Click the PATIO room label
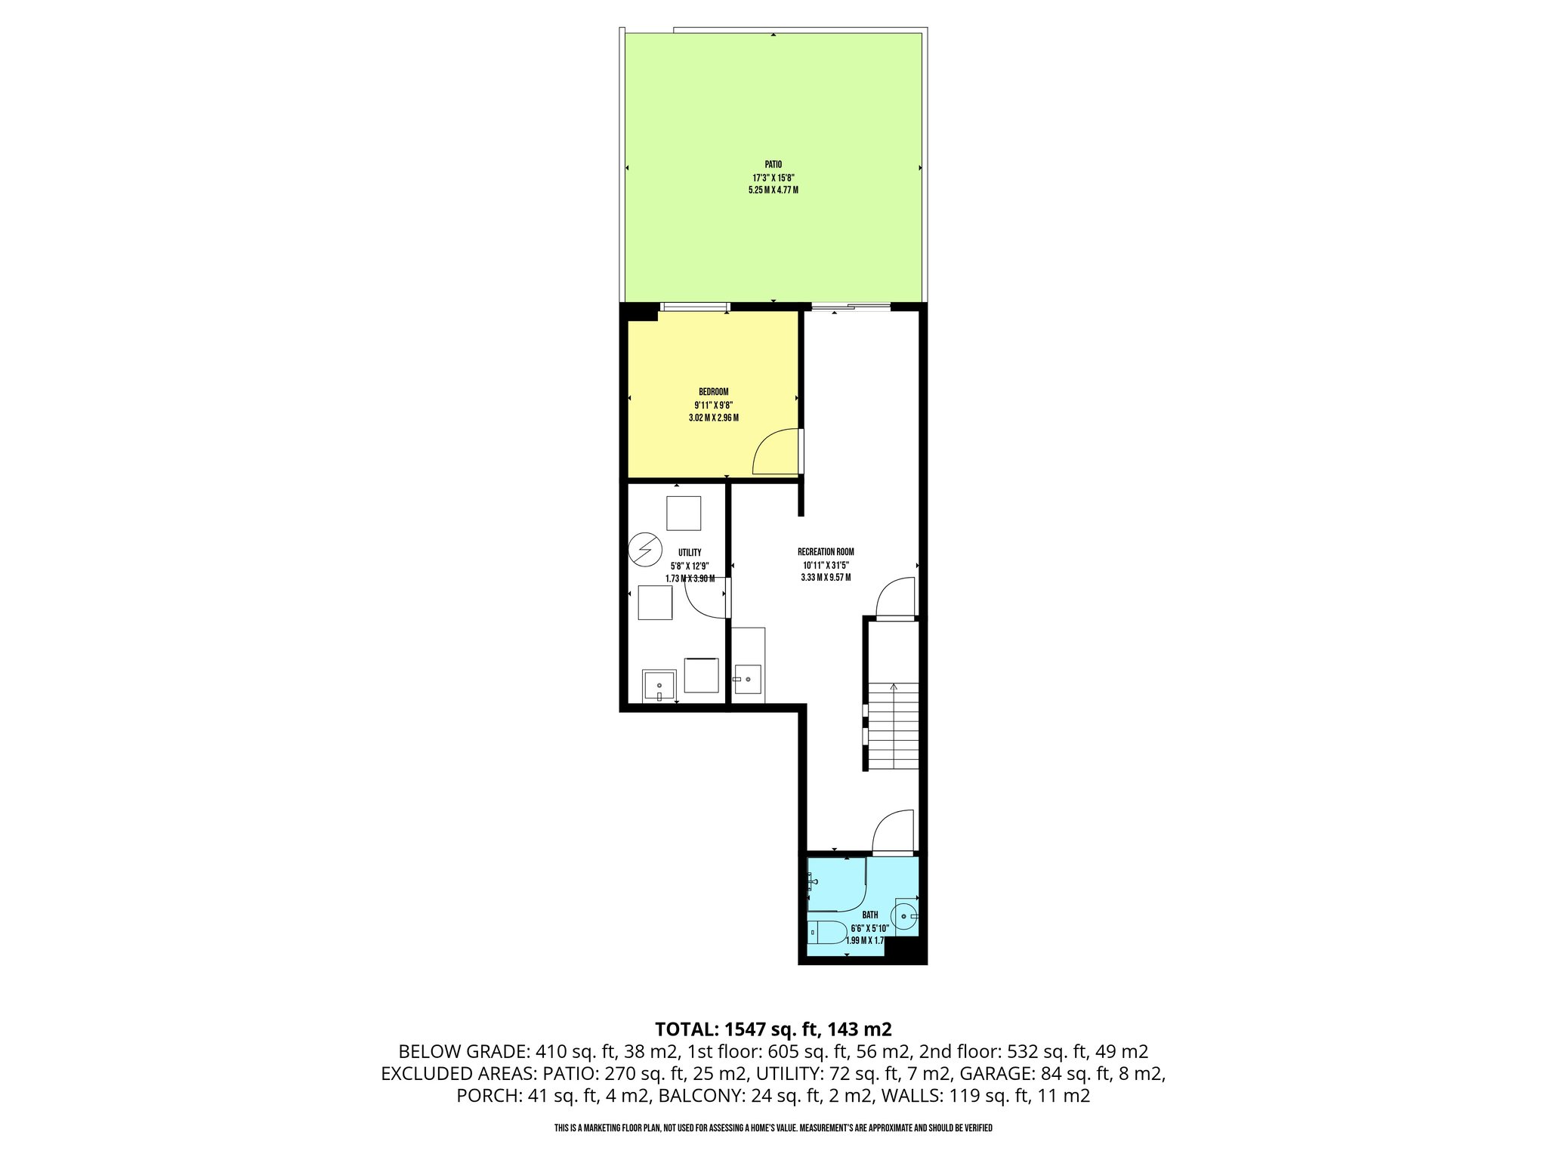[773, 164]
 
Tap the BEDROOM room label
[713, 391]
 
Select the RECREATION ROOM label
[826, 552]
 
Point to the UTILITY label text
[690, 553]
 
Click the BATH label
[869, 915]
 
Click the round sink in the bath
[905, 915]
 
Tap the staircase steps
[893, 726]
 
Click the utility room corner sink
[659, 686]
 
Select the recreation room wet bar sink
[748, 679]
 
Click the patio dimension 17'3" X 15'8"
[773, 177]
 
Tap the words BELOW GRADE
[463, 1051]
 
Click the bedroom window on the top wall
[694, 307]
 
